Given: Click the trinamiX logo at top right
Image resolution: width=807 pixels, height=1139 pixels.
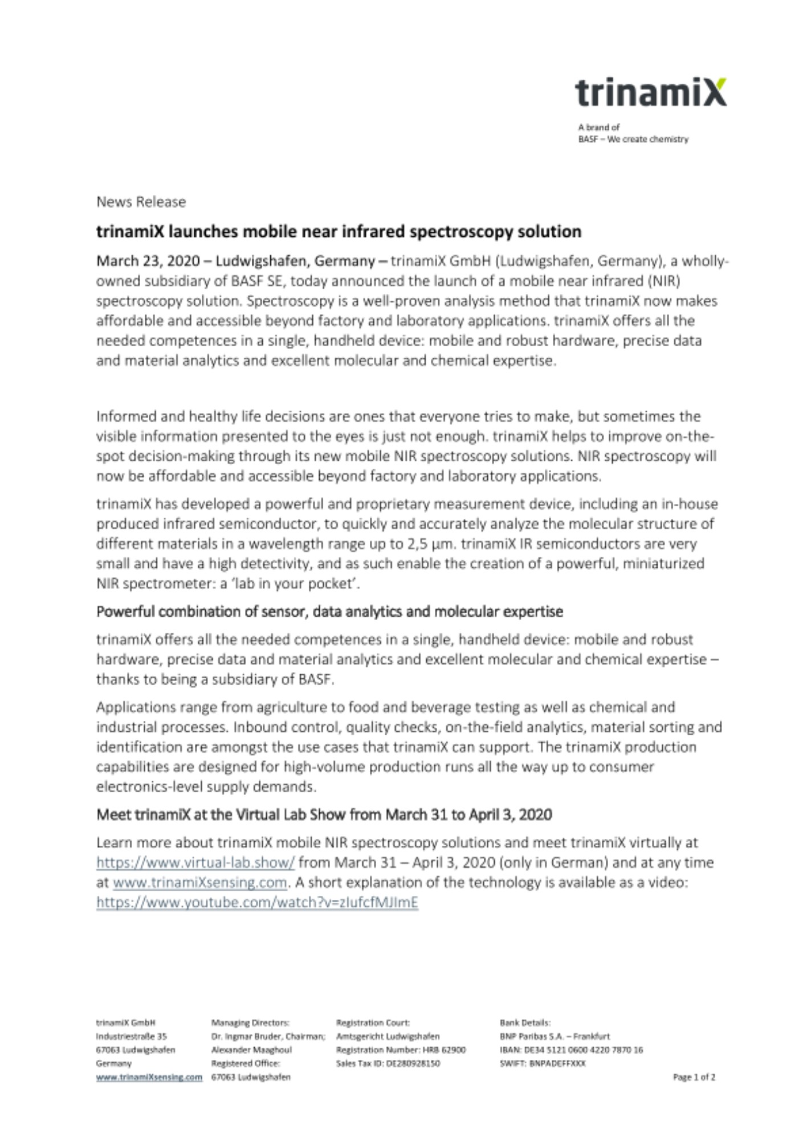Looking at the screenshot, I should (x=650, y=93).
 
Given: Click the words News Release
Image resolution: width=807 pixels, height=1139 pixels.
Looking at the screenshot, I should (x=141, y=202).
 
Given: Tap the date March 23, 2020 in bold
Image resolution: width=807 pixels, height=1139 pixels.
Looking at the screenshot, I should (x=148, y=261).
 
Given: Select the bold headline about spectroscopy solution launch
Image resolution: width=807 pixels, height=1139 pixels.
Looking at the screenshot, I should (x=339, y=232).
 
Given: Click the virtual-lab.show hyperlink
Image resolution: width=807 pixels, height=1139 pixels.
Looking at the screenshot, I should (x=195, y=863).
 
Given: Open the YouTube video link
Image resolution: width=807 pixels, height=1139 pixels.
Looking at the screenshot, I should (x=257, y=903).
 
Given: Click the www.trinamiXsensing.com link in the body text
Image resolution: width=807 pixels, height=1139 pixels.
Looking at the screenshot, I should (x=199, y=883).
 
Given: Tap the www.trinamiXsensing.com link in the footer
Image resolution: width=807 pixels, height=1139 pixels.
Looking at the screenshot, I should (x=149, y=1077).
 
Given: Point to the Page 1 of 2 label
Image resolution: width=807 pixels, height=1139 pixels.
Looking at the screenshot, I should (x=694, y=1077).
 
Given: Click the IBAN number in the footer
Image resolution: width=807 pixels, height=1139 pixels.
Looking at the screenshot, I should (x=571, y=1050).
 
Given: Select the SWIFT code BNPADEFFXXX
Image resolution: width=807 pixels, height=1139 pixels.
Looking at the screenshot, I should (x=543, y=1063).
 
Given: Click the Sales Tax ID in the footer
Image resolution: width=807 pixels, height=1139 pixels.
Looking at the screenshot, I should (x=388, y=1063).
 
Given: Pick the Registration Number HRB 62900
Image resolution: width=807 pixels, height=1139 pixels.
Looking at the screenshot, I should (x=401, y=1050).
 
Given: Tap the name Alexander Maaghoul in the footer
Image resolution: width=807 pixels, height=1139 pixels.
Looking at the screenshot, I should (x=251, y=1050).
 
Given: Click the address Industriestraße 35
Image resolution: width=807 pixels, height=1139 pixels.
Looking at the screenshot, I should (x=131, y=1036).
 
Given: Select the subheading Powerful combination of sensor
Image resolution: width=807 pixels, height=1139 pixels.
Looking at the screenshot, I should (x=329, y=612).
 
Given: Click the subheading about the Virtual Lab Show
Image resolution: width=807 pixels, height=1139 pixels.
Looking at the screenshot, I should (x=324, y=815).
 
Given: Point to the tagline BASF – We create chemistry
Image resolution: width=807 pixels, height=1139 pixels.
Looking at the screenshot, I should (x=633, y=140).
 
